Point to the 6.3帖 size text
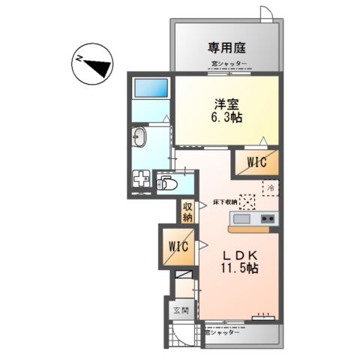229,118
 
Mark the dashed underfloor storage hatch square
247,200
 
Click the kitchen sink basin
242,219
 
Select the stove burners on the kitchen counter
268,219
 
